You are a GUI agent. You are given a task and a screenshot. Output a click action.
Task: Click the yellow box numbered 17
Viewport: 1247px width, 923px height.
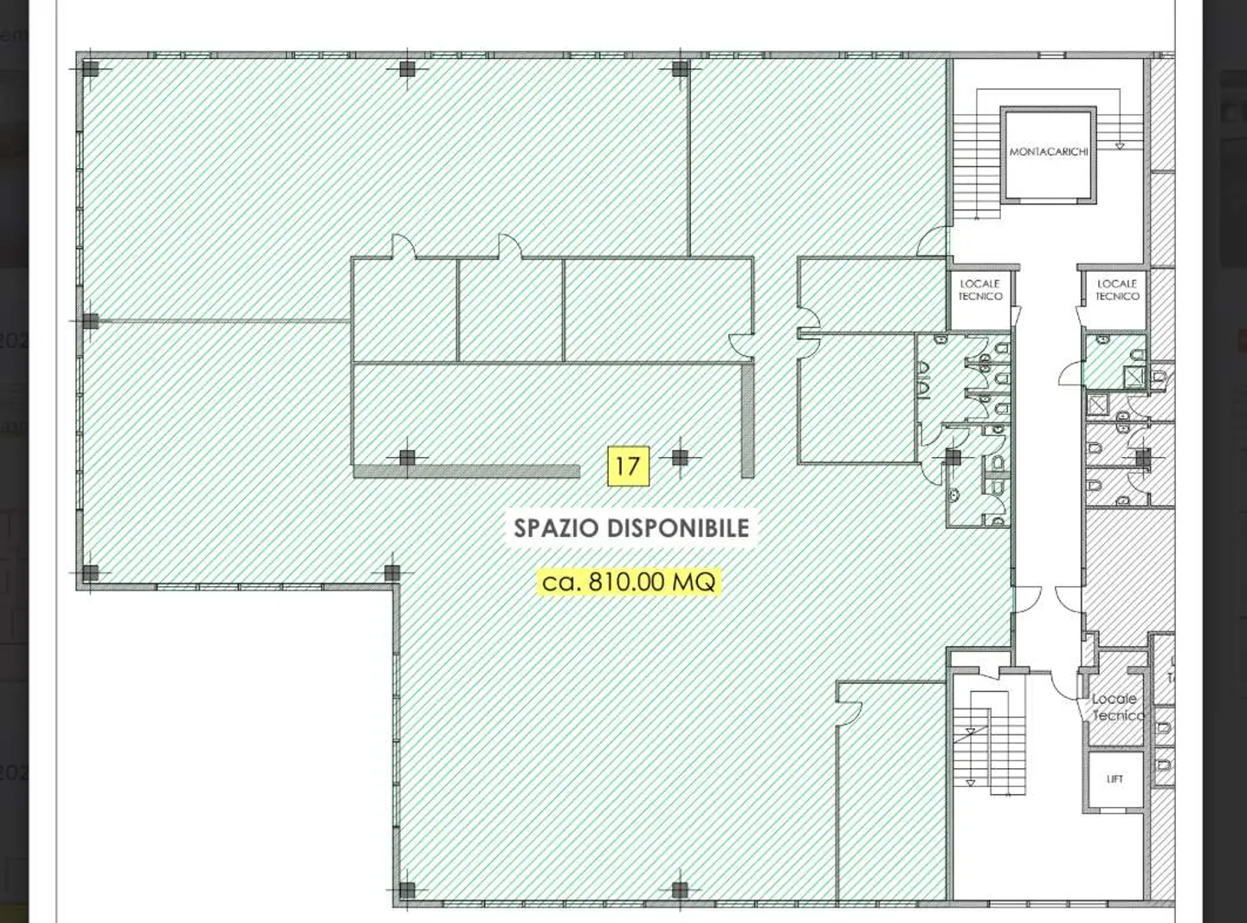pyautogui.click(x=627, y=466)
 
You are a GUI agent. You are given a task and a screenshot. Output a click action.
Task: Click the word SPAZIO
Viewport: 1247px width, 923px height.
pyautogui.click(x=557, y=528)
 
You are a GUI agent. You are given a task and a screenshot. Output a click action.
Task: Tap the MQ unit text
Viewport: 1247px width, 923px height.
pyautogui.click(x=695, y=582)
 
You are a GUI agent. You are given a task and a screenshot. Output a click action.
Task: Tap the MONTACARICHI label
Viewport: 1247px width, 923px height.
pyautogui.click(x=1048, y=152)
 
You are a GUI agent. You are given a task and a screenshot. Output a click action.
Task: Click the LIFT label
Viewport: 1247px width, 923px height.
pyautogui.click(x=1115, y=779)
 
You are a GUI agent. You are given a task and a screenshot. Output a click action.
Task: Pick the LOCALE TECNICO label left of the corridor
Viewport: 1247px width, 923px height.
pyautogui.click(x=979, y=290)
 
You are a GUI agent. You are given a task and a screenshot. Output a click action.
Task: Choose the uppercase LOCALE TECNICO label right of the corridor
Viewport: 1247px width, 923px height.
pyautogui.click(x=1116, y=290)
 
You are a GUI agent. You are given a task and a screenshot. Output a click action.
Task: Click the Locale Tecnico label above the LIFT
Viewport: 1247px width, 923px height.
pyautogui.click(x=1116, y=707)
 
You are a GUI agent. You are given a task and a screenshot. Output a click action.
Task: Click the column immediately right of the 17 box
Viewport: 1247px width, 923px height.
pyautogui.click(x=680, y=457)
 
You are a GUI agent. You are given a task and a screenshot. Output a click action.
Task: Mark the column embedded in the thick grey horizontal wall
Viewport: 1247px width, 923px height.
pyautogui.click(x=407, y=458)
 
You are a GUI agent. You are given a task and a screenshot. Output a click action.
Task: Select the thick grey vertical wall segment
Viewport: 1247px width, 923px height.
pyautogui.click(x=747, y=420)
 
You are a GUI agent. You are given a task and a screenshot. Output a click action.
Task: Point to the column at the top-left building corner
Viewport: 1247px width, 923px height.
pyautogui.click(x=91, y=69)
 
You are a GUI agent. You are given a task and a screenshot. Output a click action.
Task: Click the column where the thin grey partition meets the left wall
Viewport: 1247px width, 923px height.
pyautogui.click(x=91, y=321)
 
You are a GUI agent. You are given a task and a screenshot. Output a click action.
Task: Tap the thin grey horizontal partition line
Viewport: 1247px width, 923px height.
pyautogui.click(x=225, y=321)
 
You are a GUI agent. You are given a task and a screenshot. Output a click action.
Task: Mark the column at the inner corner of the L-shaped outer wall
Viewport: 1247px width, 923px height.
pyautogui.click(x=392, y=572)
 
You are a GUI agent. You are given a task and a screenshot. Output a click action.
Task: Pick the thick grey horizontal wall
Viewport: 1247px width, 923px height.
pyautogui.click(x=485, y=472)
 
